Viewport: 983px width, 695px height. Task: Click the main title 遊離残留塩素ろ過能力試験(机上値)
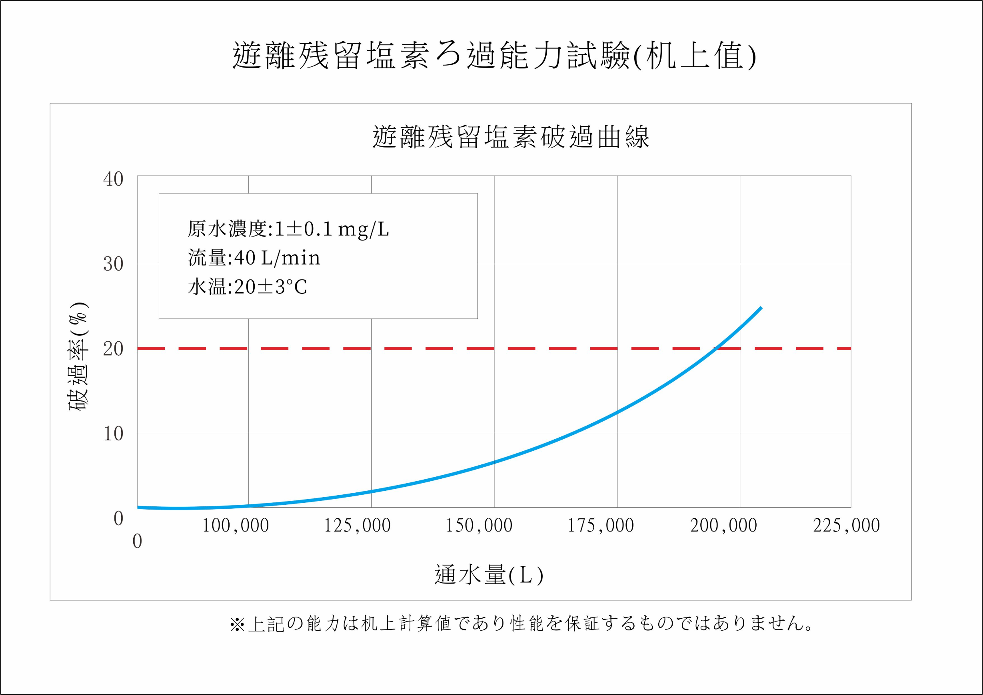pyautogui.click(x=494, y=56)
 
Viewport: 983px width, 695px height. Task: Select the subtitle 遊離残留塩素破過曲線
pyautogui.click(x=511, y=137)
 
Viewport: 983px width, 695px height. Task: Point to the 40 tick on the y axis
pyautogui.click(x=113, y=179)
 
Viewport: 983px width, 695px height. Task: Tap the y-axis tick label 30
pyautogui.click(x=113, y=264)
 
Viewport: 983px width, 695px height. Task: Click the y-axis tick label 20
pyautogui.click(x=113, y=349)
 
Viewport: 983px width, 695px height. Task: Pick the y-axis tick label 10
pyautogui.click(x=113, y=434)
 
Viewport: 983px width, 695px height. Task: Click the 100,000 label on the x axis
pyautogui.click(x=236, y=526)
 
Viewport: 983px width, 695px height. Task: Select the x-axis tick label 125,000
pyautogui.click(x=358, y=526)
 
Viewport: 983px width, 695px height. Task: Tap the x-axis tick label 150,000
pyautogui.click(x=479, y=526)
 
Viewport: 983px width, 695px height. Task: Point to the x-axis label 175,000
pyautogui.click(x=601, y=526)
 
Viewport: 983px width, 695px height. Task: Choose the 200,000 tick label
pyautogui.click(x=723, y=526)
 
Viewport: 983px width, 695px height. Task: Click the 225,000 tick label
pyautogui.click(x=846, y=526)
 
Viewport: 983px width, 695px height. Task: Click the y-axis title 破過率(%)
pyautogui.click(x=79, y=356)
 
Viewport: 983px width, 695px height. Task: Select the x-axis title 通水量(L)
pyautogui.click(x=489, y=574)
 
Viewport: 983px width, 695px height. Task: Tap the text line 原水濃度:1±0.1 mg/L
pyautogui.click(x=288, y=229)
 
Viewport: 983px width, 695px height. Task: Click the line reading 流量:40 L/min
pyautogui.click(x=254, y=258)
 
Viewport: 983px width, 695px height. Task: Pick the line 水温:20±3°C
pyautogui.click(x=248, y=287)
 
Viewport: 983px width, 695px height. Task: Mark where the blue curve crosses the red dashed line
pyautogui.click(x=715, y=349)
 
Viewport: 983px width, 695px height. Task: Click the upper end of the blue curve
pyautogui.click(x=761, y=307)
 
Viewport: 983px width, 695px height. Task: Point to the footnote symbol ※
pyautogui.click(x=237, y=625)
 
